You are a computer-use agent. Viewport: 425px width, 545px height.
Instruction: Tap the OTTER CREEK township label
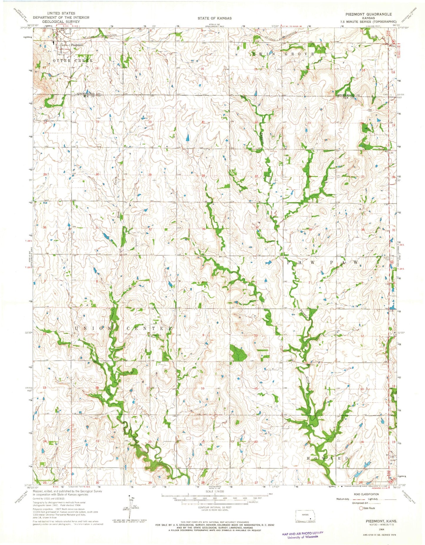coord(73,60)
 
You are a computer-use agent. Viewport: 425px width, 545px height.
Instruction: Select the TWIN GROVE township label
coord(284,54)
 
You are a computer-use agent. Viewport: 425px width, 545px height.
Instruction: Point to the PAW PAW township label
coord(322,262)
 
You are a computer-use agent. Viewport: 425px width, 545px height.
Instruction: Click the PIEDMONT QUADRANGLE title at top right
coord(373,14)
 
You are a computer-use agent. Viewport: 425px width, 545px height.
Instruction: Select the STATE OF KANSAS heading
coord(214,18)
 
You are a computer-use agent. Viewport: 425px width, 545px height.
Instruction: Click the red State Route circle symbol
coord(361,508)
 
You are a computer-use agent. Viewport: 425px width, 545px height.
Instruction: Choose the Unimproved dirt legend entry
coord(347,503)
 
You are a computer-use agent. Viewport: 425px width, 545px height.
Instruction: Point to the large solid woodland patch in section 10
coord(238,353)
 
